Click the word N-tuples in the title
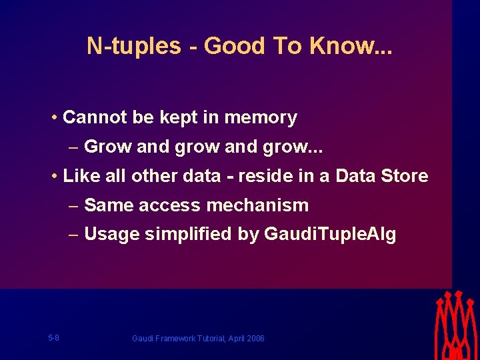133,46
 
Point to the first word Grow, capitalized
108,147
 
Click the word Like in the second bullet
81,176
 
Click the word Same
107,205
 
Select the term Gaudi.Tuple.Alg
330,235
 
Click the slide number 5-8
53,338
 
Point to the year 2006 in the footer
255,339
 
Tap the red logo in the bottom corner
456,325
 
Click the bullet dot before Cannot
53,119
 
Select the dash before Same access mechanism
73,205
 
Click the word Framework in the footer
173,339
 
